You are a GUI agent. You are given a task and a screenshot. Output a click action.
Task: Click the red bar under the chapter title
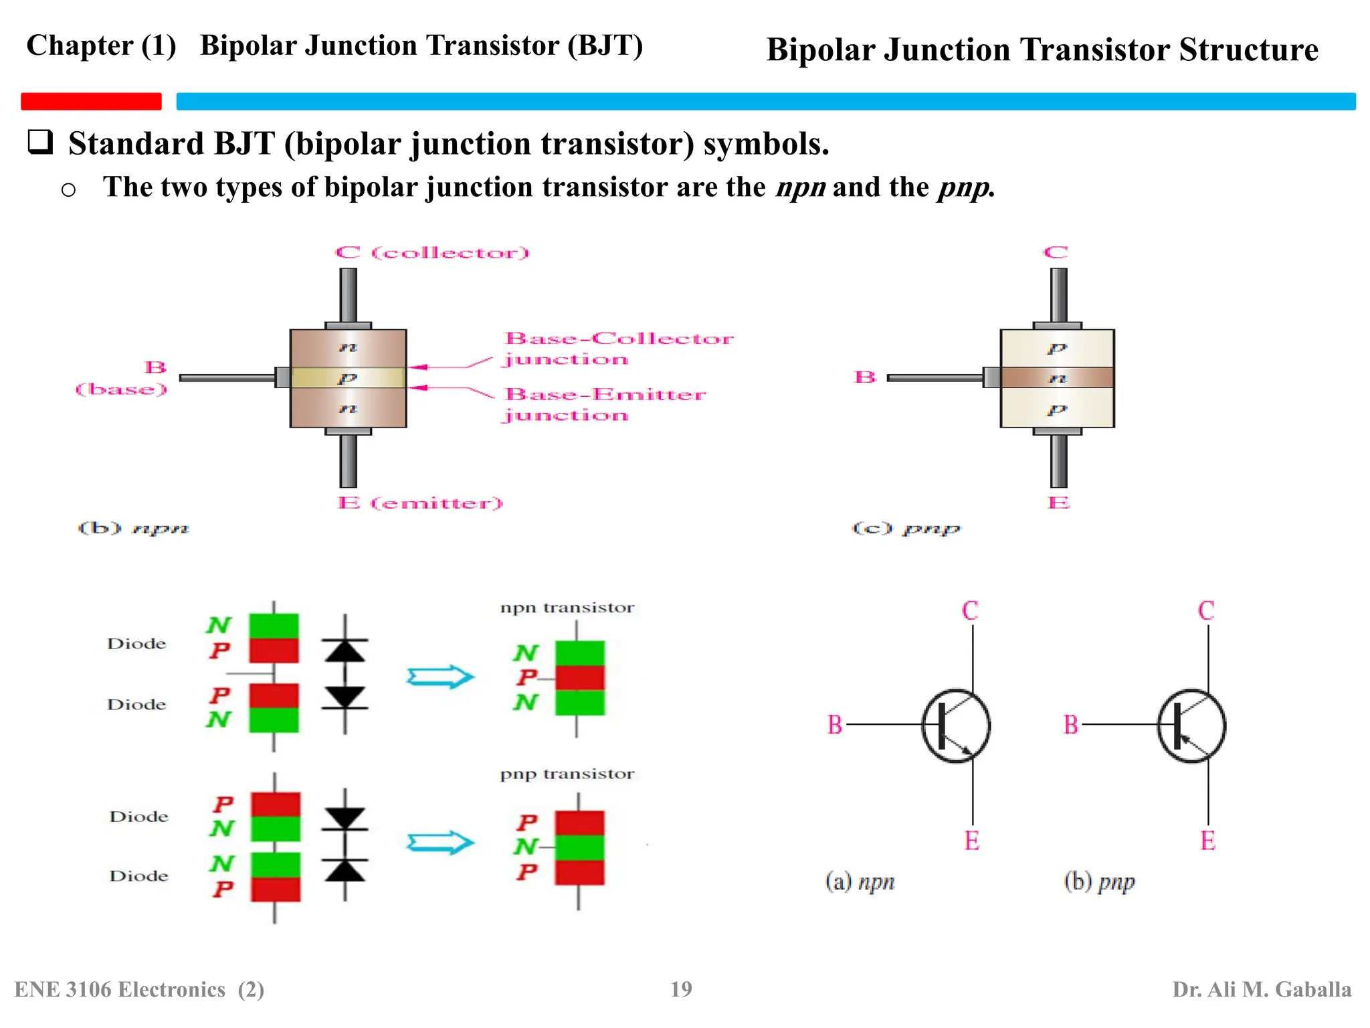[x=91, y=101]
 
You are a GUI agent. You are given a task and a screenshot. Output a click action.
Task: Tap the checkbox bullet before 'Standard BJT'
[x=40, y=142]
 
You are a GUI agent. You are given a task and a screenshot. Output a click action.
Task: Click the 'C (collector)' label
[x=432, y=253]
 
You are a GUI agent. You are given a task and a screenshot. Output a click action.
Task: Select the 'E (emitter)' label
[x=420, y=503]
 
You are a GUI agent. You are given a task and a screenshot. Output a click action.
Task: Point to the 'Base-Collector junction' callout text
[x=618, y=349]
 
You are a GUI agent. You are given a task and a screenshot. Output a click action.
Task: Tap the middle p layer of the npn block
[x=348, y=378]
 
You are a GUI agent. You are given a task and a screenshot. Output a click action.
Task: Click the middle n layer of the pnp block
[x=1057, y=378]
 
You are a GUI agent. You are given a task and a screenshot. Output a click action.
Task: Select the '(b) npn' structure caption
[x=133, y=528]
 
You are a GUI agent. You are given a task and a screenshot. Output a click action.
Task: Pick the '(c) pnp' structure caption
[x=906, y=529]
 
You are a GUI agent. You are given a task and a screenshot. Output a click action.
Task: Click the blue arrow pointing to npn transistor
[x=440, y=677]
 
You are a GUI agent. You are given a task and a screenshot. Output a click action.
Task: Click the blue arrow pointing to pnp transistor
[x=440, y=843]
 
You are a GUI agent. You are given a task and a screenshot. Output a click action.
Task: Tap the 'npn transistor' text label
[x=567, y=608]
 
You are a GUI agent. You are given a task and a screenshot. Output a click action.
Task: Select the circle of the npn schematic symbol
[x=956, y=725]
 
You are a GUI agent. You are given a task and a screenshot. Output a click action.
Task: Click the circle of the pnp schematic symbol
[x=1191, y=725]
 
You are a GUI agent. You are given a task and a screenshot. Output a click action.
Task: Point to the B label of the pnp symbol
[x=1071, y=725]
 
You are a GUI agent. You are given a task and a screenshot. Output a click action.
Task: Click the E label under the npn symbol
[x=972, y=841]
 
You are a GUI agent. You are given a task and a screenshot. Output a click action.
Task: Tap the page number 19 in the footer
[x=681, y=989]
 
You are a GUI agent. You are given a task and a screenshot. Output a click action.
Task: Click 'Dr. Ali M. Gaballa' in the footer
[x=1262, y=989]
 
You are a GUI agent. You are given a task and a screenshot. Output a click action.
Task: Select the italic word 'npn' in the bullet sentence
[x=801, y=187]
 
